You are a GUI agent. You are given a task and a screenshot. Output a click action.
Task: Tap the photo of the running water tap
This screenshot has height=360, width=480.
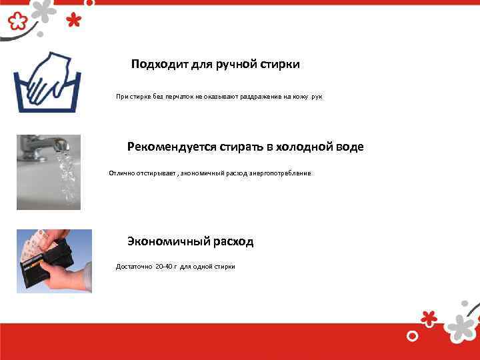pyautogui.click(x=49, y=172)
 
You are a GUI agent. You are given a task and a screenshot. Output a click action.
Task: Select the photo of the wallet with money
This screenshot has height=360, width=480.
pyautogui.click(x=54, y=261)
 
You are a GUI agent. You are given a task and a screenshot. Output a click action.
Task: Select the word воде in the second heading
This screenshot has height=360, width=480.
pyautogui.click(x=349, y=147)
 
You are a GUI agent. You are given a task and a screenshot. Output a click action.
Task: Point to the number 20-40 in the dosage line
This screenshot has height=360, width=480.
pyautogui.click(x=163, y=267)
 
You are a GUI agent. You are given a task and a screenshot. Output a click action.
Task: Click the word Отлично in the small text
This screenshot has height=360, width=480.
pyautogui.click(x=122, y=173)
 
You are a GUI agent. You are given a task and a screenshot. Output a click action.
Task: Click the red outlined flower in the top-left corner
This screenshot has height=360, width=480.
pyautogui.click(x=17, y=22)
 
